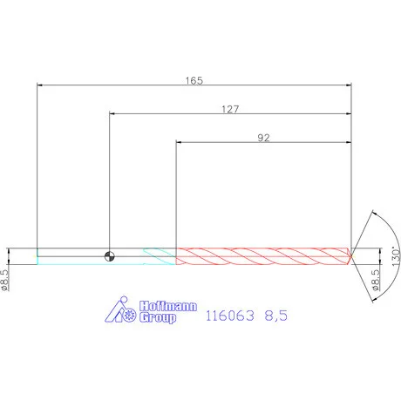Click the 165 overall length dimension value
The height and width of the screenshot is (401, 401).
click(x=194, y=80)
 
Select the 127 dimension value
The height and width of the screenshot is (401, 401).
click(x=230, y=109)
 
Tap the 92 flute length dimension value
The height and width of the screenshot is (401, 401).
click(x=263, y=138)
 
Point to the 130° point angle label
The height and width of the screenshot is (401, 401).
click(x=396, y=256)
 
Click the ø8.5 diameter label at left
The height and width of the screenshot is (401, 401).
click(x=5, y=280)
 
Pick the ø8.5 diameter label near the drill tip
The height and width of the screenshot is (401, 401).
click(x=376, y=280)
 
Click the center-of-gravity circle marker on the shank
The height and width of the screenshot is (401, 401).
click(x=109, y=256)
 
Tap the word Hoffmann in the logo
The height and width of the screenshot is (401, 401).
click(x=168, y=306)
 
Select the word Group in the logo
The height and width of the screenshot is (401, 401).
click(x=158, y=317)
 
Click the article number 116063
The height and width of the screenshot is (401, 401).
click(x=230, y=316)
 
